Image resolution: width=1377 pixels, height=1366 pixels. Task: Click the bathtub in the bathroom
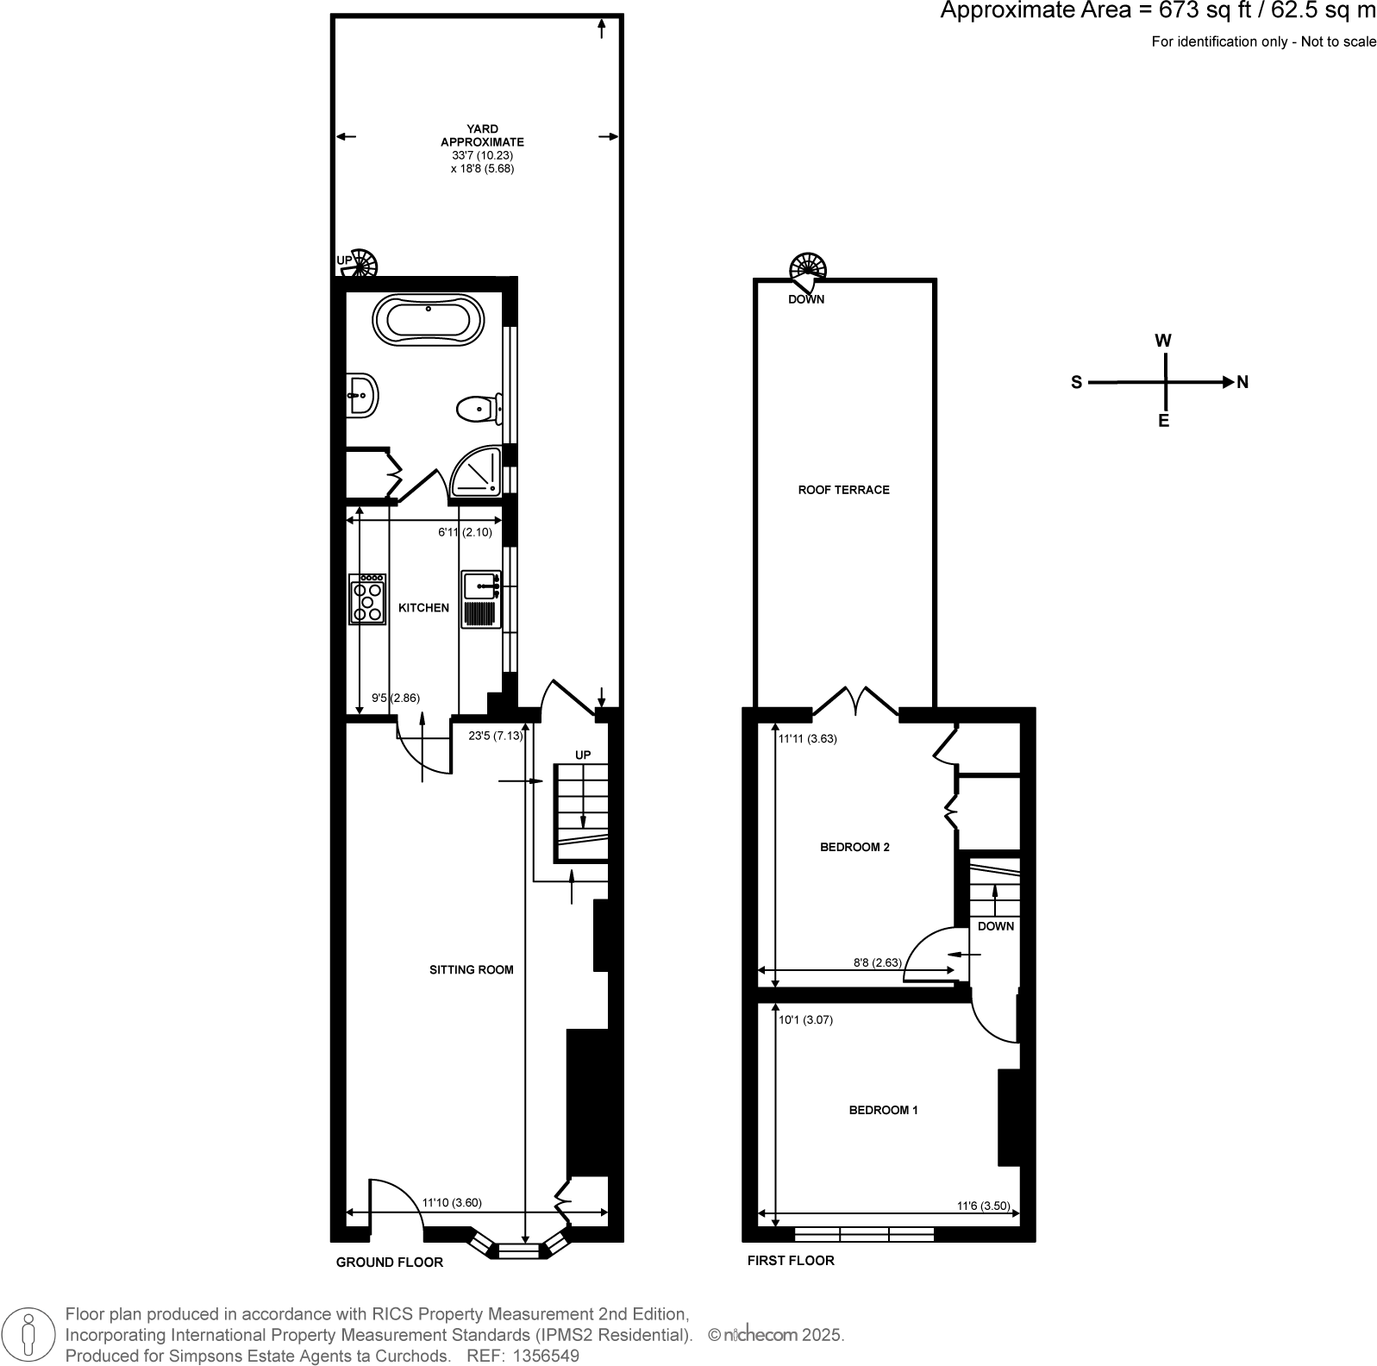428,321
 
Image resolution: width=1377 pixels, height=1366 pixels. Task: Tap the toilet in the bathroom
477,409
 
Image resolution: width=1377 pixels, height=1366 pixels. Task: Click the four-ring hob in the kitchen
368,598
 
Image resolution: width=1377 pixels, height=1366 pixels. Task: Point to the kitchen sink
479,587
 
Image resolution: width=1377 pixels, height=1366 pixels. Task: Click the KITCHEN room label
423,608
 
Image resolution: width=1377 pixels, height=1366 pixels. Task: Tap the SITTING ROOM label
471,969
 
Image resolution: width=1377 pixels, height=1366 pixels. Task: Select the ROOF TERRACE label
843,490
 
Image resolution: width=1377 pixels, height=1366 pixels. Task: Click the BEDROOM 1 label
883,1110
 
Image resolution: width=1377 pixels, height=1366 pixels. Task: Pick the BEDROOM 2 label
854,847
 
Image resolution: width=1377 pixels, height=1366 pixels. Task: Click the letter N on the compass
1242,382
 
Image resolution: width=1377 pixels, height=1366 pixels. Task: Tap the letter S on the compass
1076,383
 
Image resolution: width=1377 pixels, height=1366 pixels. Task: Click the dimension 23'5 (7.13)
495,736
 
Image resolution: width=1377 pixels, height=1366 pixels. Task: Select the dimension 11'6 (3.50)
983,1206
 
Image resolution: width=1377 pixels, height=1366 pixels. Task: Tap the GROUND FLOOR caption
389,1263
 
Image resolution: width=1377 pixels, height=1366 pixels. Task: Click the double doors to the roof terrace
856,699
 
